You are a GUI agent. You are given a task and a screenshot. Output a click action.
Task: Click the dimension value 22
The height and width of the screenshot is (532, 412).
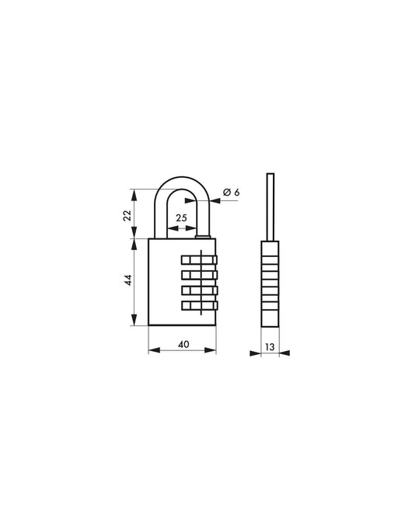127,215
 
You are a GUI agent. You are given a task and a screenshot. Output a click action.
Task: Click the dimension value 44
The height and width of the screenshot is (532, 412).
127,280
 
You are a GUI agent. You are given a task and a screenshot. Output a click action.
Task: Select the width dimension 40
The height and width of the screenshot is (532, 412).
183,344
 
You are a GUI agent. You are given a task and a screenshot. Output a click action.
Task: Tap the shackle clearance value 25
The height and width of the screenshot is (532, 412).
181,217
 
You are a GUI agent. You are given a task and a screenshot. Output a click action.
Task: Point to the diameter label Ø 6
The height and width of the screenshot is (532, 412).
232,192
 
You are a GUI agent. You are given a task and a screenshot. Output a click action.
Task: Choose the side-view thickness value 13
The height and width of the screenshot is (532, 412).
270,347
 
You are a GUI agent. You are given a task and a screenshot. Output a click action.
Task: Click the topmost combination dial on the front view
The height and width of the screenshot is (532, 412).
199,260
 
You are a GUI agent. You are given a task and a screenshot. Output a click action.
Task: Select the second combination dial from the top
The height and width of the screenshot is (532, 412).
199,274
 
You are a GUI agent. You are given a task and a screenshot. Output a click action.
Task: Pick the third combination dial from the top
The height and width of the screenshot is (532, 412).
199,290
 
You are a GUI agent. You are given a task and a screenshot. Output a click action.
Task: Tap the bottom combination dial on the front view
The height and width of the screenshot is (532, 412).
199,305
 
